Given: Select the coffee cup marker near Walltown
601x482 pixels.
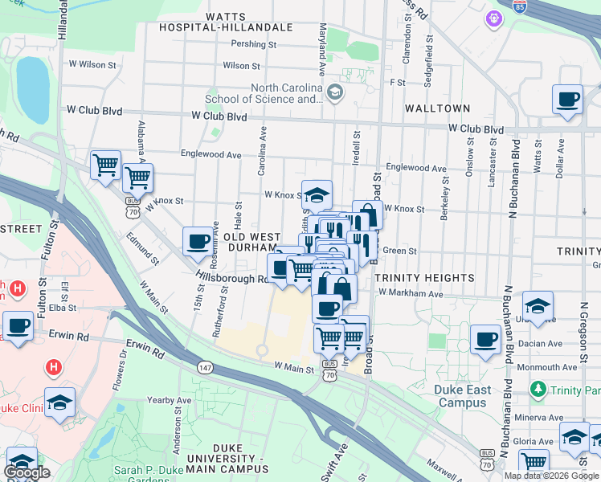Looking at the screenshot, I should (568, 100).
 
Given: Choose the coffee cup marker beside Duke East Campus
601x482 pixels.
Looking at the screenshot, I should (484, 340).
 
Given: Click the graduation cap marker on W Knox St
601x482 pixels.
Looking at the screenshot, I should (317, 195).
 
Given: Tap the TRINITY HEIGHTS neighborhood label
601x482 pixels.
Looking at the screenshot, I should (424, 278).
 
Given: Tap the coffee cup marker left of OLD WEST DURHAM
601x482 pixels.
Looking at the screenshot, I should (198, 242).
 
